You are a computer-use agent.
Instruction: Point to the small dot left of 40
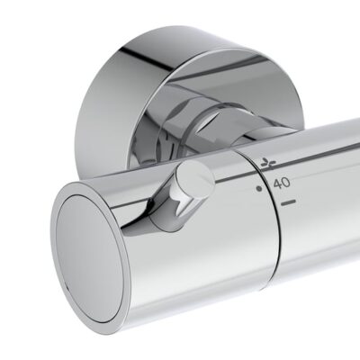[x=259, y=189]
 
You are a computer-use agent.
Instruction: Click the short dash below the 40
[x=289, y=206]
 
